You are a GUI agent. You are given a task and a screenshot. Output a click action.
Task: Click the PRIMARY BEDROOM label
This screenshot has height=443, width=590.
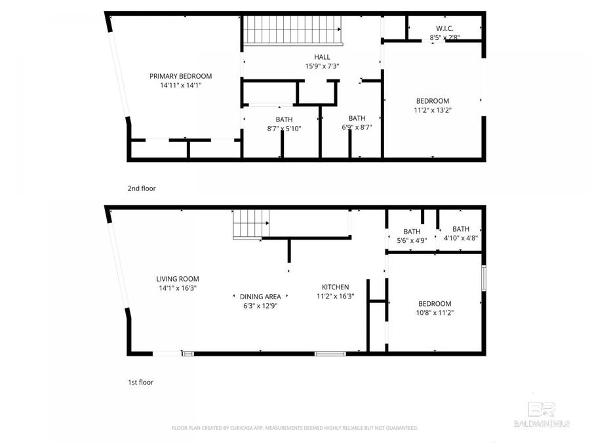(180, 76)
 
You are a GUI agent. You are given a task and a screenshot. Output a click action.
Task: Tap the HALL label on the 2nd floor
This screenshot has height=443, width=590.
(322, 56)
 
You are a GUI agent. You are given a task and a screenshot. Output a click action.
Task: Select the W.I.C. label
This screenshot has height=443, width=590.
(444, 28)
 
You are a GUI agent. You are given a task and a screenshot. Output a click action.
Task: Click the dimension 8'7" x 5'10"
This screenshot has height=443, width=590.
(284, 129)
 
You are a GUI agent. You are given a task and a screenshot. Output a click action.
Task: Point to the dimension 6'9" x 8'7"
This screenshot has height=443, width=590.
(357, 127)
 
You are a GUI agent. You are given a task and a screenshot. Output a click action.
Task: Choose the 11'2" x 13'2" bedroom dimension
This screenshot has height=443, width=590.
(433, 110)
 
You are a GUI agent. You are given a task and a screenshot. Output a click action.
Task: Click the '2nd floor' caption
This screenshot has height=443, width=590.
(142, 188)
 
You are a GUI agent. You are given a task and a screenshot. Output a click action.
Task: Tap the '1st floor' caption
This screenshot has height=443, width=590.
(141, 382)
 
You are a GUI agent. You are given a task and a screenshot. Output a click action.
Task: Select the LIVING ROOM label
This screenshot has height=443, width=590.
(177, 279)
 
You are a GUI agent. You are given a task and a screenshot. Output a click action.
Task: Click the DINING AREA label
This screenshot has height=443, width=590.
(260, 297)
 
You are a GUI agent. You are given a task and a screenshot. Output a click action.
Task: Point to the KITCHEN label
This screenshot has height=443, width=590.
(335, 287)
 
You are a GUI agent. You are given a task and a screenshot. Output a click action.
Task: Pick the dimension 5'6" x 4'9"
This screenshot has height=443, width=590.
(412, 241)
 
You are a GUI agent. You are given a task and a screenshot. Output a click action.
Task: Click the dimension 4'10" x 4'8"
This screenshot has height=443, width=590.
(460, 238)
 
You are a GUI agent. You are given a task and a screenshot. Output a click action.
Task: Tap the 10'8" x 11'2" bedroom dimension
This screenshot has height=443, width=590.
(435, 313)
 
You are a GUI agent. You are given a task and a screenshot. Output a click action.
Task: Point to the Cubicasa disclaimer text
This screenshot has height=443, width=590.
(294, 428)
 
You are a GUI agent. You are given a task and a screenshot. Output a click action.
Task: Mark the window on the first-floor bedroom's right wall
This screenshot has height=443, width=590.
(484, 278)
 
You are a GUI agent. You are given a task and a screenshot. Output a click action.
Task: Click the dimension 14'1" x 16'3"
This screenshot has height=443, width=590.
(177, 287)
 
